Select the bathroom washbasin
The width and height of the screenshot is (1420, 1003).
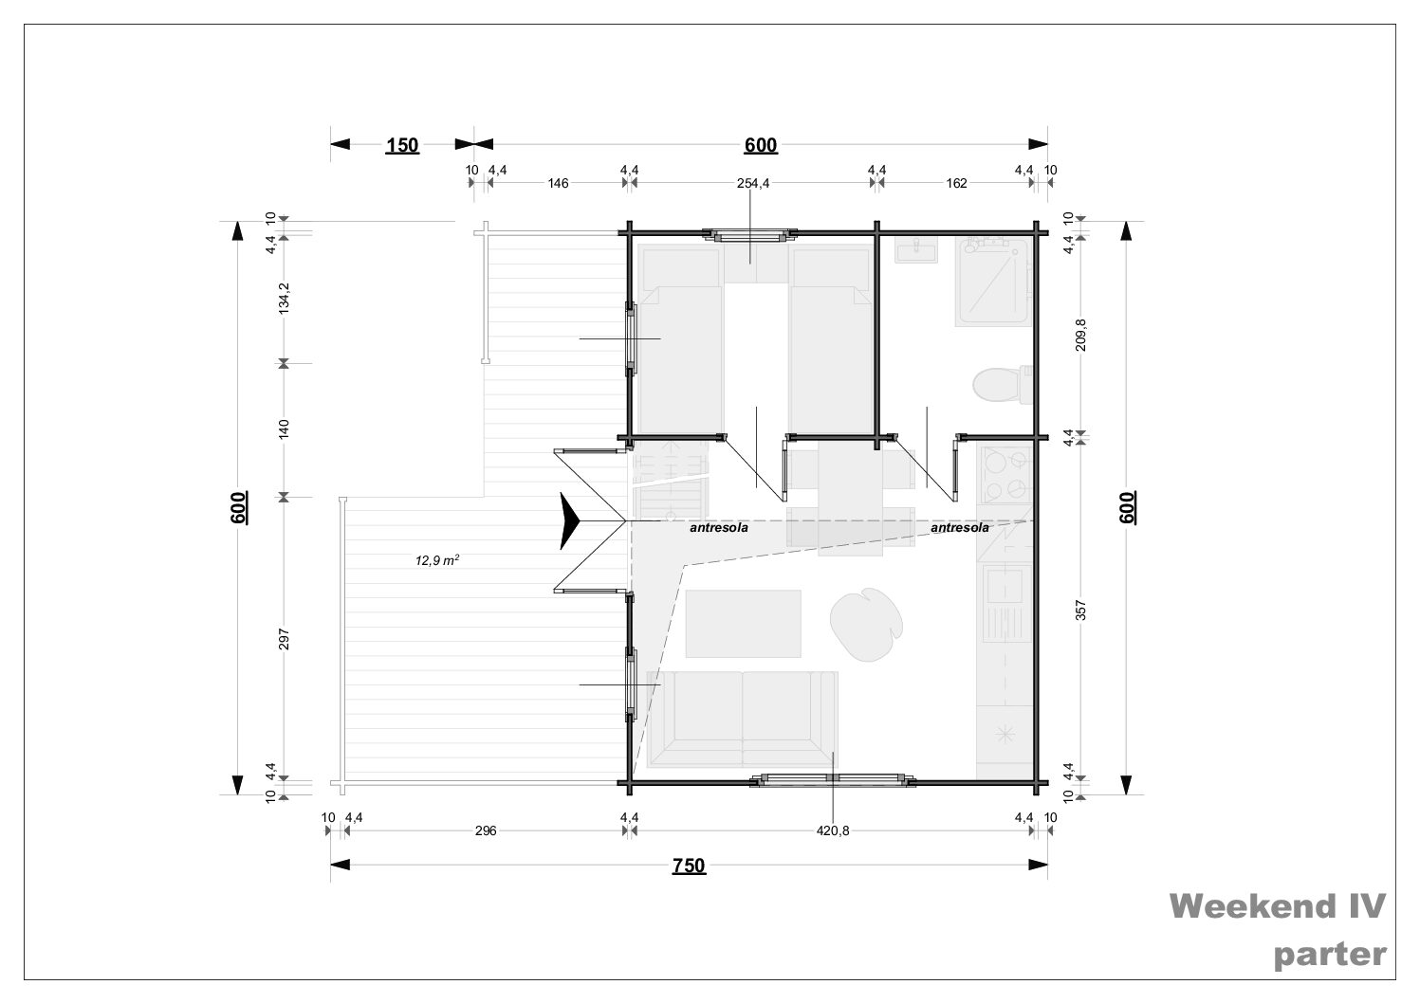pos(916,250)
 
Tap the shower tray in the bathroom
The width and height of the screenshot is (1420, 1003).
pos(993,283)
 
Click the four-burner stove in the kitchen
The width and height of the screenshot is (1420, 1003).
pos(1005,474)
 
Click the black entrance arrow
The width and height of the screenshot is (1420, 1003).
pos(570,520)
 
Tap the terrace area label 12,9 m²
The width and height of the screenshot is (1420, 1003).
pos(437,560)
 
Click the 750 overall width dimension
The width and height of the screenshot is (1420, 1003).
pos(689,866)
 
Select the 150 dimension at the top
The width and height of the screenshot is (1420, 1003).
pos(402,146)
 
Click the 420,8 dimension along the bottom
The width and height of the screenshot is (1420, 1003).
pos(832,830)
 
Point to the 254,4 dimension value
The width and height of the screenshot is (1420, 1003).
pos(753,183)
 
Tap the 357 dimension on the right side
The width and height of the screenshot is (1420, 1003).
pos(1080,611)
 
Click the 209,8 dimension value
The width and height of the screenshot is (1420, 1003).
pos(1080,335)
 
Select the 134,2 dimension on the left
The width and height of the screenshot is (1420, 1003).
pos(284,297)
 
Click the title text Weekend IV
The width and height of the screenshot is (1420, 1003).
pos(1277,906)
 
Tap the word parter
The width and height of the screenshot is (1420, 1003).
pos(1330,955)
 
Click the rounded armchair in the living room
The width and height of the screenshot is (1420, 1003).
pos(867,625)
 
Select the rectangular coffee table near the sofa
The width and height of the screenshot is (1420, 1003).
pos(743,624)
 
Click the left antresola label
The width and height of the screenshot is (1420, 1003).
pos(719,527)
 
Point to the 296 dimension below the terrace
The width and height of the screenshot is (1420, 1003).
pos(486,830)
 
